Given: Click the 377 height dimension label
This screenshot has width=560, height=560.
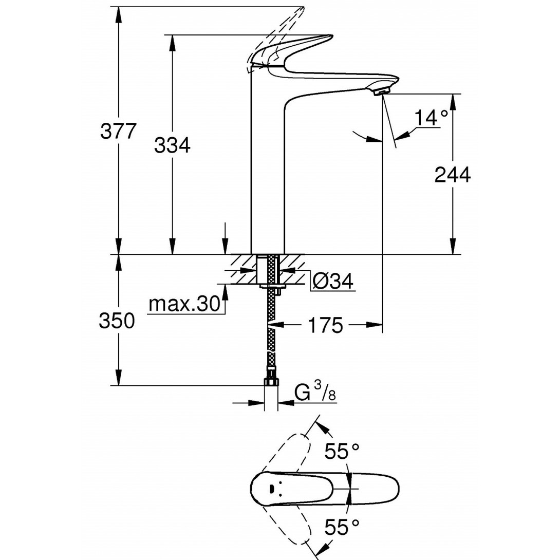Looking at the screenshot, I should click(118, 132).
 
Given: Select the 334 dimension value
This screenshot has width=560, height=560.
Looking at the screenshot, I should click(172, 146).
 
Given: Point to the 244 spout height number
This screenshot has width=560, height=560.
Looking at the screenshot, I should click(452, 175).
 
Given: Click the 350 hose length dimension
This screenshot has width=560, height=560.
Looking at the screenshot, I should click(117, 321).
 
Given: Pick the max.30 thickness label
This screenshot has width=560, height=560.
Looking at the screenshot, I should click(184, 305).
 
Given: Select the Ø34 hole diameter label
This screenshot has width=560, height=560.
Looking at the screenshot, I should click(333, 281).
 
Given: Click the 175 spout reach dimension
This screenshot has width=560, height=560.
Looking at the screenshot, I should click(326, 325).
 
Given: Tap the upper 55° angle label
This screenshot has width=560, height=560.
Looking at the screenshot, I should click(342, 452).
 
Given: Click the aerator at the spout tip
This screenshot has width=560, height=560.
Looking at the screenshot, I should click(381, 91).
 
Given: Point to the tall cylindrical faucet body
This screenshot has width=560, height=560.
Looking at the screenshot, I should click(267, 170).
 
